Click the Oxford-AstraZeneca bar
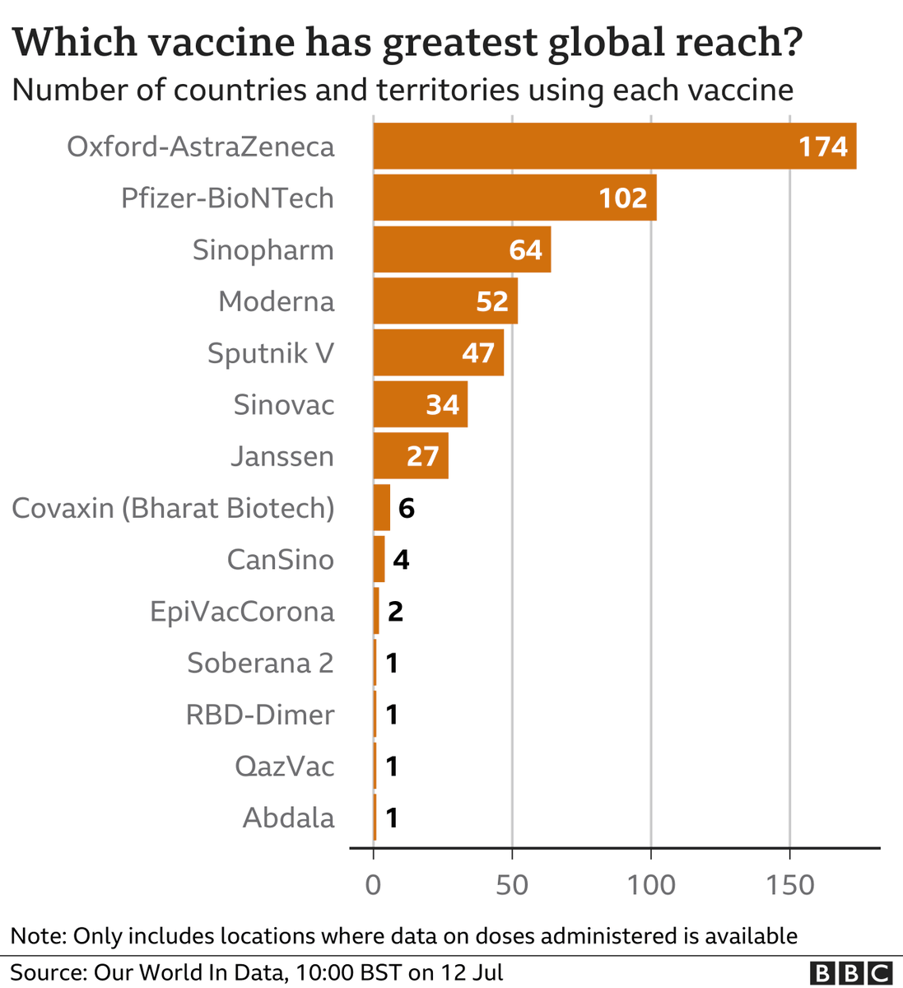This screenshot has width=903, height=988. (x=576, y=147)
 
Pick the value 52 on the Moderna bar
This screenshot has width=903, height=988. (x=491, y=301)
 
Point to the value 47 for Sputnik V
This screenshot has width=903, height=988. (x=477, y=353)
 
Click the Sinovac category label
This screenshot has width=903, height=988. (x=283, y=405)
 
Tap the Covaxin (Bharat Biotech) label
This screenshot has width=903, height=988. (x=173, y=508)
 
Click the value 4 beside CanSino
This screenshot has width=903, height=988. (x=401, y=560)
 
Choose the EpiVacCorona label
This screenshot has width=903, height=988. (x=242, y=612)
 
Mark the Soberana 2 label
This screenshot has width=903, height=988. (x=260, y=663)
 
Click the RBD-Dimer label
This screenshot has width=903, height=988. (x=260, y=715)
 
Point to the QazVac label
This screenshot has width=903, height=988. (x=284, y=767)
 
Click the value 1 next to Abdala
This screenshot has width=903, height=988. (x=392, y=818)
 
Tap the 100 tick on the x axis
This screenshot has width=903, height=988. (x=651, y=885)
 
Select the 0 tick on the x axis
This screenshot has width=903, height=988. (x=373, y=885)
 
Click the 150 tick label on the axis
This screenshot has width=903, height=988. (x=789, y=885)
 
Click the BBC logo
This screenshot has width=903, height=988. (x=851, y=973)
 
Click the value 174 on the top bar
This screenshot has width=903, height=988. (x=822, y=147)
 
